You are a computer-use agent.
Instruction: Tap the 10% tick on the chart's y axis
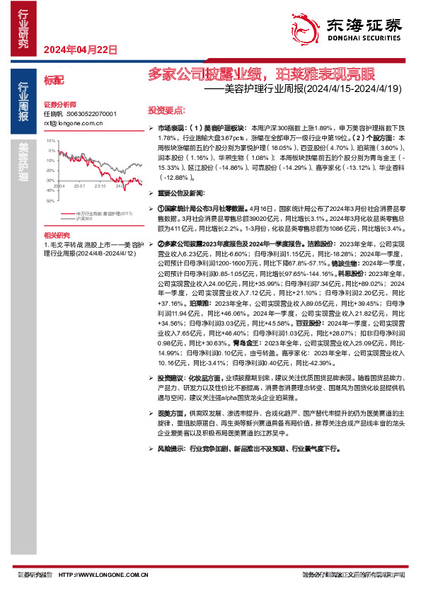tap(51, 141)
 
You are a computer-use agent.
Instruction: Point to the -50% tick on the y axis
tap(50, 201)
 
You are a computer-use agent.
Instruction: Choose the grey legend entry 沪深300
tap(84, 219)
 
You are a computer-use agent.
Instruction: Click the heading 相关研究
tap(57, 235)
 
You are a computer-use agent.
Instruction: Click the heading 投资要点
tap(166, 111)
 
